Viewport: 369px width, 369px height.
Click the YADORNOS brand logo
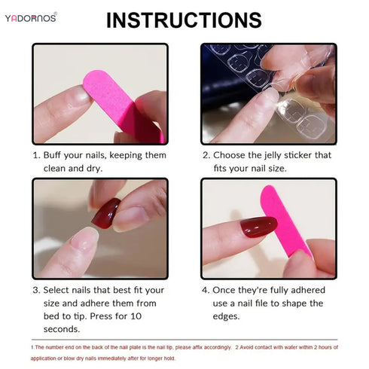point(30,17)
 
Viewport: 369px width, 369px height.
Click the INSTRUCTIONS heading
point(184,20)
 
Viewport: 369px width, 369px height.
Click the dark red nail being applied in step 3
point(105,213)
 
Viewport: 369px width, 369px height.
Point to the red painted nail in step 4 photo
point(258,227)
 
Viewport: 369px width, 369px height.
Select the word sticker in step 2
point(319,154)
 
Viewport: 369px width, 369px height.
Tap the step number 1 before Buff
point(35,154)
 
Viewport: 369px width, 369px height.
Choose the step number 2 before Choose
point(205,154)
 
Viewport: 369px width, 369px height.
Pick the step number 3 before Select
point(35,290)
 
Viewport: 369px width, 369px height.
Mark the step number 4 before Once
point(206,290)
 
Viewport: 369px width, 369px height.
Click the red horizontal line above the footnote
point(184,340)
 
